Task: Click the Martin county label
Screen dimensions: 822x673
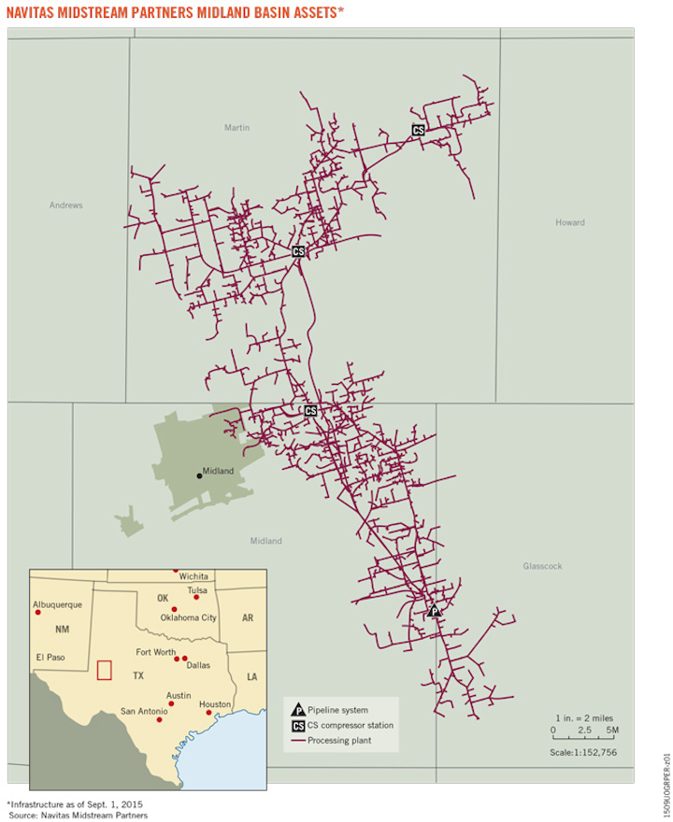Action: pyautogui.click(x=237, y=128)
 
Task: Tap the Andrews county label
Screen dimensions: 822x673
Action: pyautogui.click(x=66, y=205)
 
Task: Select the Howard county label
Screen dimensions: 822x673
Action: pyautogui.click(x=569, y=222)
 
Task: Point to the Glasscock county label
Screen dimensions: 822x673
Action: pyautogui.click(x=545, y=566)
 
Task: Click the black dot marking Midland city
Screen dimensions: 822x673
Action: pyautogui.click(x=199, y=475)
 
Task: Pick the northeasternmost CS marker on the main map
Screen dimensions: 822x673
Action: pyautogui.click(x=418, y=131)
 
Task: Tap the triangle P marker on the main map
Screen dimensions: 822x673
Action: pyautogui.click(x=434, y=611)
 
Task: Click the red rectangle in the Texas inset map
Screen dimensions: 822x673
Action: pyautogui.click(x=105, y=671)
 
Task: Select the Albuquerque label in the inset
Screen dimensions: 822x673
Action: pyautogui.click(x=58, y=604)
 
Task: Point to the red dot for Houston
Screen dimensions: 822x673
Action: pyautogui.click(x=209, y=713)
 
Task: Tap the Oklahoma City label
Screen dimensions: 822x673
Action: pyautogui.click(x=188, y=617)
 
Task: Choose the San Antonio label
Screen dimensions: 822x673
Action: pyautogui.click(x=144, y=711)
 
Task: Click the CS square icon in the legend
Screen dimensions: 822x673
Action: pyautogui.click(x=297, y=726)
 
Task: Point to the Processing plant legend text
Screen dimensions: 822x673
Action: pyautogui.click(x=338, y=740)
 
